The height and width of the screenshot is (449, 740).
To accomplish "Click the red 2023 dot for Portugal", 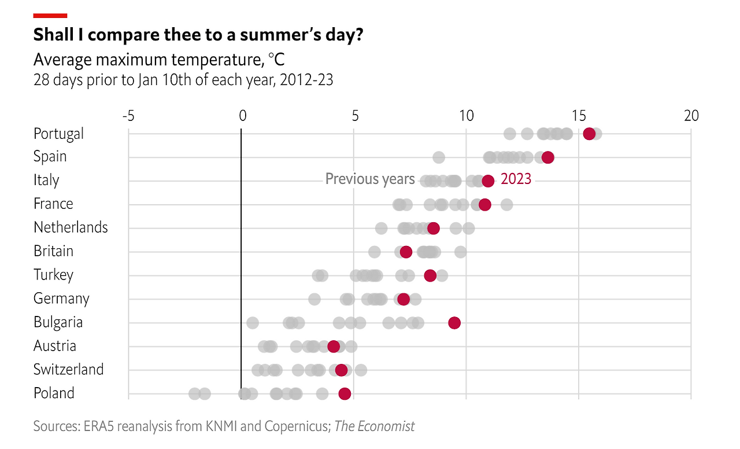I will [x=589, y=134].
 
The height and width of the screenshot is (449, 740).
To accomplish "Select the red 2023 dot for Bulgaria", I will [x=454, y=323].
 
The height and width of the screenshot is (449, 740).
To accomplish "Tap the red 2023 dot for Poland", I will [x=345, y=394].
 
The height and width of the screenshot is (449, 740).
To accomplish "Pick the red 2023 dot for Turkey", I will [x=430, y=275].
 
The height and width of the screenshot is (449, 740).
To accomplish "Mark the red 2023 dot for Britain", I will [x=406, y=252].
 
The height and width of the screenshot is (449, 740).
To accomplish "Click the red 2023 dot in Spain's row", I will [x=548, y=157].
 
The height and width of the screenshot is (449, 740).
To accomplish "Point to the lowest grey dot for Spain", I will [x=439, y=157].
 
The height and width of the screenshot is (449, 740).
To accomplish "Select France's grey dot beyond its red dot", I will [x=506, y=204].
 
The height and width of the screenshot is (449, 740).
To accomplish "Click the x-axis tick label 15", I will [x=579, y=116].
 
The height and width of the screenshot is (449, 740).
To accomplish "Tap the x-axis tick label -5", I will [x=128, y=116].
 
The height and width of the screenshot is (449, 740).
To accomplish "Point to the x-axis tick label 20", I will [x=691, y=116].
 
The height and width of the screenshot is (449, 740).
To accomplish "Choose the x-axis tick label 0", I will [x=242, y=116].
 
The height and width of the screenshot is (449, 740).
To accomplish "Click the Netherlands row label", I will [x=71, y=227].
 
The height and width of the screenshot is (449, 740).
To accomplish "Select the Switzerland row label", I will [x=68, y=369].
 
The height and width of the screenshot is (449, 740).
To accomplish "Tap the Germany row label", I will [x=61, y=299].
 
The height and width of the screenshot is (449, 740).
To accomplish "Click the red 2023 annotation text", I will [x=516, y=179].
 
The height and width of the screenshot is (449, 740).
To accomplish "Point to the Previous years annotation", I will [x=370, y=179].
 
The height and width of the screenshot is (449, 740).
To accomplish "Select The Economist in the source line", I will [x=375, y=426].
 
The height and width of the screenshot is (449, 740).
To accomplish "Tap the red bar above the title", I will [x=50, y=16].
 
